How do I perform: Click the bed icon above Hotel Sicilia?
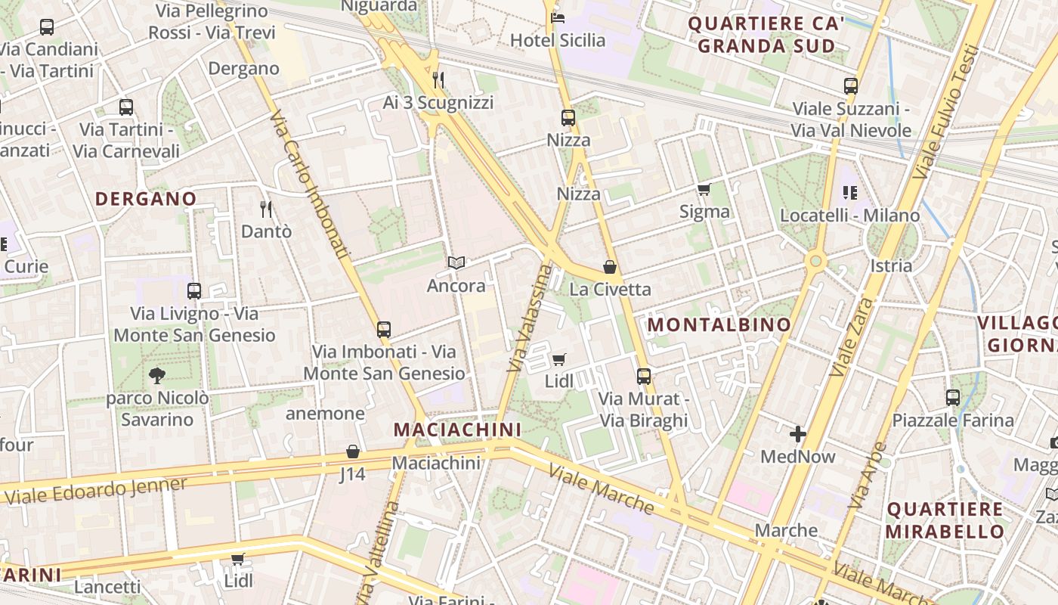558,17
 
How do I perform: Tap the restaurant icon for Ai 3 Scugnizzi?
438,79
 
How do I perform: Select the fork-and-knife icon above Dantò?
265,209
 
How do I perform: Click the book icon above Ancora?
456,263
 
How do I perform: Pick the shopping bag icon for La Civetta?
610,267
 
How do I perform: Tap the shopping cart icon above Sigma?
704,189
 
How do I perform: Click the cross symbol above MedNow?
797,434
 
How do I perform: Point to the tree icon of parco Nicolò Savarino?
156,375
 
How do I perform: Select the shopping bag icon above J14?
352,452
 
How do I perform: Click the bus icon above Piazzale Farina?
952,397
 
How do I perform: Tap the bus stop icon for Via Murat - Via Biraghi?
643,376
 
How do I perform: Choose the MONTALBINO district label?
719,325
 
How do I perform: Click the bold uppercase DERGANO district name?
146,199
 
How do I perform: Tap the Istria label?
891,265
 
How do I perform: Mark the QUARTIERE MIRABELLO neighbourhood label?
945,520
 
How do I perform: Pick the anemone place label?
325,414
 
